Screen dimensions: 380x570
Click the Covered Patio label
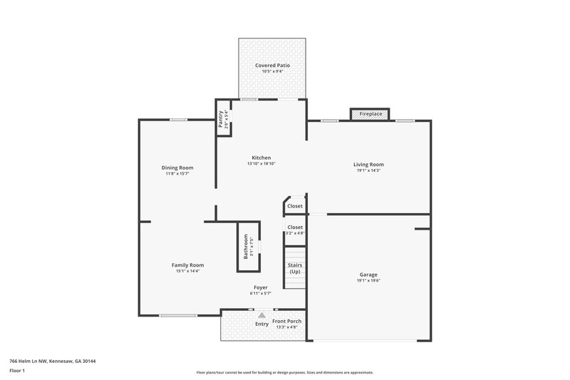click(x=273, y=66)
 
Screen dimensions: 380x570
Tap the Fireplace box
click(x=370, y=114)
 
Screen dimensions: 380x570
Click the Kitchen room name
click(x=261, y=158)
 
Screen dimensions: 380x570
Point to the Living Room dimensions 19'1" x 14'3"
click(x=368, y=170)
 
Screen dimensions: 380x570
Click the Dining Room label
click(x=177, y=168)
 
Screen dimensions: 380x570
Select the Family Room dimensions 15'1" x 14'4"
click(x=187, y=271)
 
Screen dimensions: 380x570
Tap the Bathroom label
click(x=246, y=247)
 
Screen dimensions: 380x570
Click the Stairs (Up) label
click(x=294, y=268)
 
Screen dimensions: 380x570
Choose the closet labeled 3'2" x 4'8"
click(x=294, y=232)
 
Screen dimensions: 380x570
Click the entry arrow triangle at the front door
click(x=261, y=314)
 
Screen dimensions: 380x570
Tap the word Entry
click(x=262, y=324)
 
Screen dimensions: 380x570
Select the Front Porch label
click(x=287, y=321)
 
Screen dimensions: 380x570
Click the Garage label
click(x=368, y=274)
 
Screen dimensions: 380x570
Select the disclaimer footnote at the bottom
click(x=284, y=372)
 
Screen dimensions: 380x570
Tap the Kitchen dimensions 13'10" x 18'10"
click(x=261, y=164)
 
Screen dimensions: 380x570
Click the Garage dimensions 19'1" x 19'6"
click(x=368, y=281)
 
